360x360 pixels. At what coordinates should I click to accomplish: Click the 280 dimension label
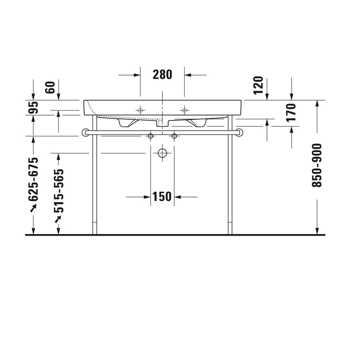point(163,75)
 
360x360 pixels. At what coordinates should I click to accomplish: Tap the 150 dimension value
point(162,196)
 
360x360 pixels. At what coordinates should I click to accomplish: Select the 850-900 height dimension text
point(317,165)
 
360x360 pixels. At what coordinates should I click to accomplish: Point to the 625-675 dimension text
point(33,179)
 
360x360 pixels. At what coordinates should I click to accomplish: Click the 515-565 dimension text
point(59,191)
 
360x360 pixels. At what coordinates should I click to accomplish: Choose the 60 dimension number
point(51,87)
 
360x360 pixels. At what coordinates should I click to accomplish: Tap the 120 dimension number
point(258,85)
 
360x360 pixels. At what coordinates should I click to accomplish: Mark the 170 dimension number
point(292,112)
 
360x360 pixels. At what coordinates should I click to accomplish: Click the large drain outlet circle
point(163,153)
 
